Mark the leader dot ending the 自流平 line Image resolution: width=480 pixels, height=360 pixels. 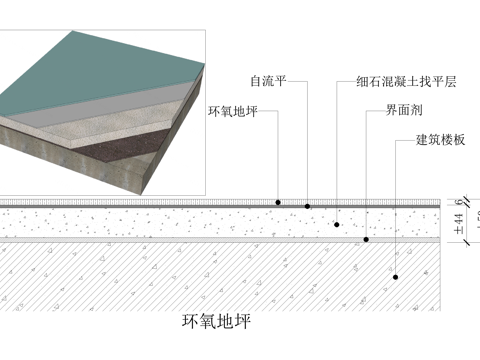(308, 206)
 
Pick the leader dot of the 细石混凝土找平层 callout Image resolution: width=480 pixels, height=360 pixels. (337, 224)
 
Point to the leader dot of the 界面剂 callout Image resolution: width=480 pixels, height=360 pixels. (366, 240)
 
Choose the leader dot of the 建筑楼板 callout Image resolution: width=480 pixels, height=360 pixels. (396, 276)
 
